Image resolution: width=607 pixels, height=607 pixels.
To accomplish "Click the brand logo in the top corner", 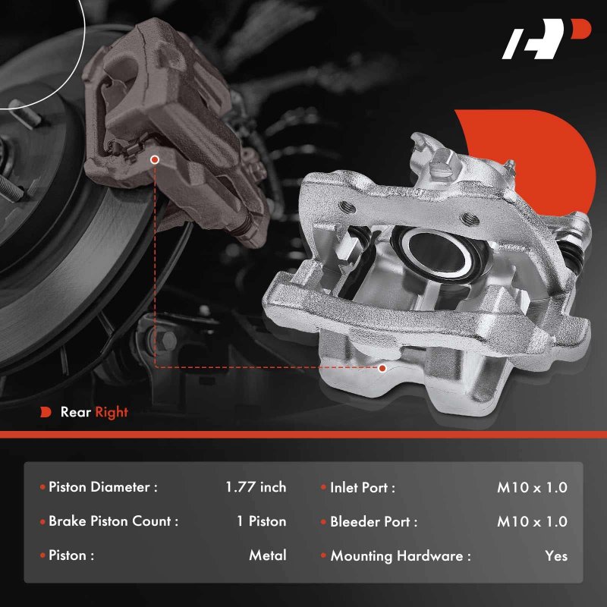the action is [546, 39].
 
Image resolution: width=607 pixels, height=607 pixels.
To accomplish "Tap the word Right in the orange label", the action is [112, 413].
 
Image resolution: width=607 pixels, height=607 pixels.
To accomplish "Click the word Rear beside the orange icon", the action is [75, 412].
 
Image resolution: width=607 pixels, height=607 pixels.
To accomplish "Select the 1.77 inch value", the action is [256, 487].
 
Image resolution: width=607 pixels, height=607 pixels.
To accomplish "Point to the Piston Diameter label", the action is [103, 487].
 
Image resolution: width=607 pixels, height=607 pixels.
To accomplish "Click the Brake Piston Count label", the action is [113, 521].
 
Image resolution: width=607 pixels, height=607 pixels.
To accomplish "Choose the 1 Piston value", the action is [262, 521].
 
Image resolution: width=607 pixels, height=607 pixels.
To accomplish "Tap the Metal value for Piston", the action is [268, 555].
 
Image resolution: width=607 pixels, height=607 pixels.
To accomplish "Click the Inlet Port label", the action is [363, 487].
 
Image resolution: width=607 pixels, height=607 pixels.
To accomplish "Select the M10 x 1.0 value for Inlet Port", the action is [533, 487].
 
